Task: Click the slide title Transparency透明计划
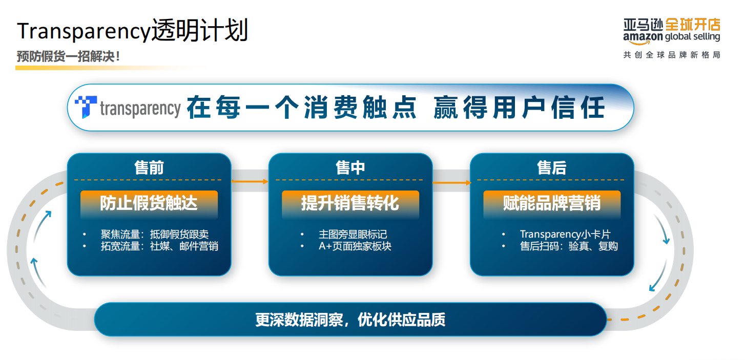tap(132, 31)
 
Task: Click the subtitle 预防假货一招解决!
tap(68, 56)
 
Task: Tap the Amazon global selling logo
tap(671, 31)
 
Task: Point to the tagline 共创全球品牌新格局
tap(671, 55)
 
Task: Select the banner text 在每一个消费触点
tap(301, 108)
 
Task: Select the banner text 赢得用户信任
tap(519, 108)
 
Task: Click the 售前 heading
tap(149, 167)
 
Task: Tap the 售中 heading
tap(350, 167)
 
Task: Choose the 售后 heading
tap(552, 167)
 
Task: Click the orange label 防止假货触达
tap(149, 203)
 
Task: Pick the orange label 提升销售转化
tap(350, 203)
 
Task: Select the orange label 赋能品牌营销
tap(552, 203)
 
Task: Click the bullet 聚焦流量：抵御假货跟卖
tap(155, 235)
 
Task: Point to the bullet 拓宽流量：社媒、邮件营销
tap(159, 246)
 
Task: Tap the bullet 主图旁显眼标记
tap(353, 235)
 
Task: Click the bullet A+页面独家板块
tap(355, 246)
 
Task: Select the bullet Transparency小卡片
tap(565, 235)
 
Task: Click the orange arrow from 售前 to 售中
tap(250, 181)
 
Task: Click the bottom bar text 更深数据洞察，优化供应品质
tap(350, 320)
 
